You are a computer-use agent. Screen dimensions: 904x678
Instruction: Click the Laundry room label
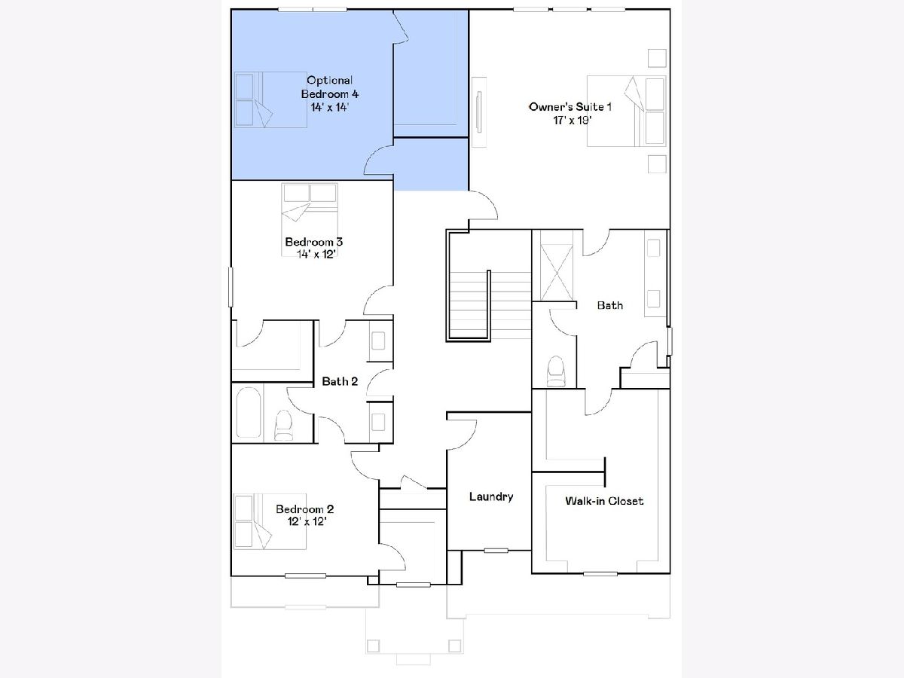491,496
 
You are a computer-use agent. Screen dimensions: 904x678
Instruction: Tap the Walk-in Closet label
603,500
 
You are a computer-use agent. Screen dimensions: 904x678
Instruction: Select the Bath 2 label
340,382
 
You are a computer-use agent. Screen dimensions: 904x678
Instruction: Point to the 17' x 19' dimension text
572,121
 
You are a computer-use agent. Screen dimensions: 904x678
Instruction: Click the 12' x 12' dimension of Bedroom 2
307,521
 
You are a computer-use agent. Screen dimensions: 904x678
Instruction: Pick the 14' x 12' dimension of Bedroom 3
316,254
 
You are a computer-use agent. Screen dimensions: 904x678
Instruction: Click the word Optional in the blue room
329,81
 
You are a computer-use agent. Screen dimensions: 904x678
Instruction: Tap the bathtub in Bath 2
249,412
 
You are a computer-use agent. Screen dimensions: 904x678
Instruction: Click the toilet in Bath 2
283,425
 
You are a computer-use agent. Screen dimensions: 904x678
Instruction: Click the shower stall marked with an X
557,272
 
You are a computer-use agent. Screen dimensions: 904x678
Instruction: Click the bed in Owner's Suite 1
626,111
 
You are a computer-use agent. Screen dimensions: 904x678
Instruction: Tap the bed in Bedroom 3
310,220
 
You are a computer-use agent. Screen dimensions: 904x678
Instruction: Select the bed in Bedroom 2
270,521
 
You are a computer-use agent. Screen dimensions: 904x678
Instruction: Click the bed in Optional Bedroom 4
270,99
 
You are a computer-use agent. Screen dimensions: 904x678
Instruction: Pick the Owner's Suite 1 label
570,107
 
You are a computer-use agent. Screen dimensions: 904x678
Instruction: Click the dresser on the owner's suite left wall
479,112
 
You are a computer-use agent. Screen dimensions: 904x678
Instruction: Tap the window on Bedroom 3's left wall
231,287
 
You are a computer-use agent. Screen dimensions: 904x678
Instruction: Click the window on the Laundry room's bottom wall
496,551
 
